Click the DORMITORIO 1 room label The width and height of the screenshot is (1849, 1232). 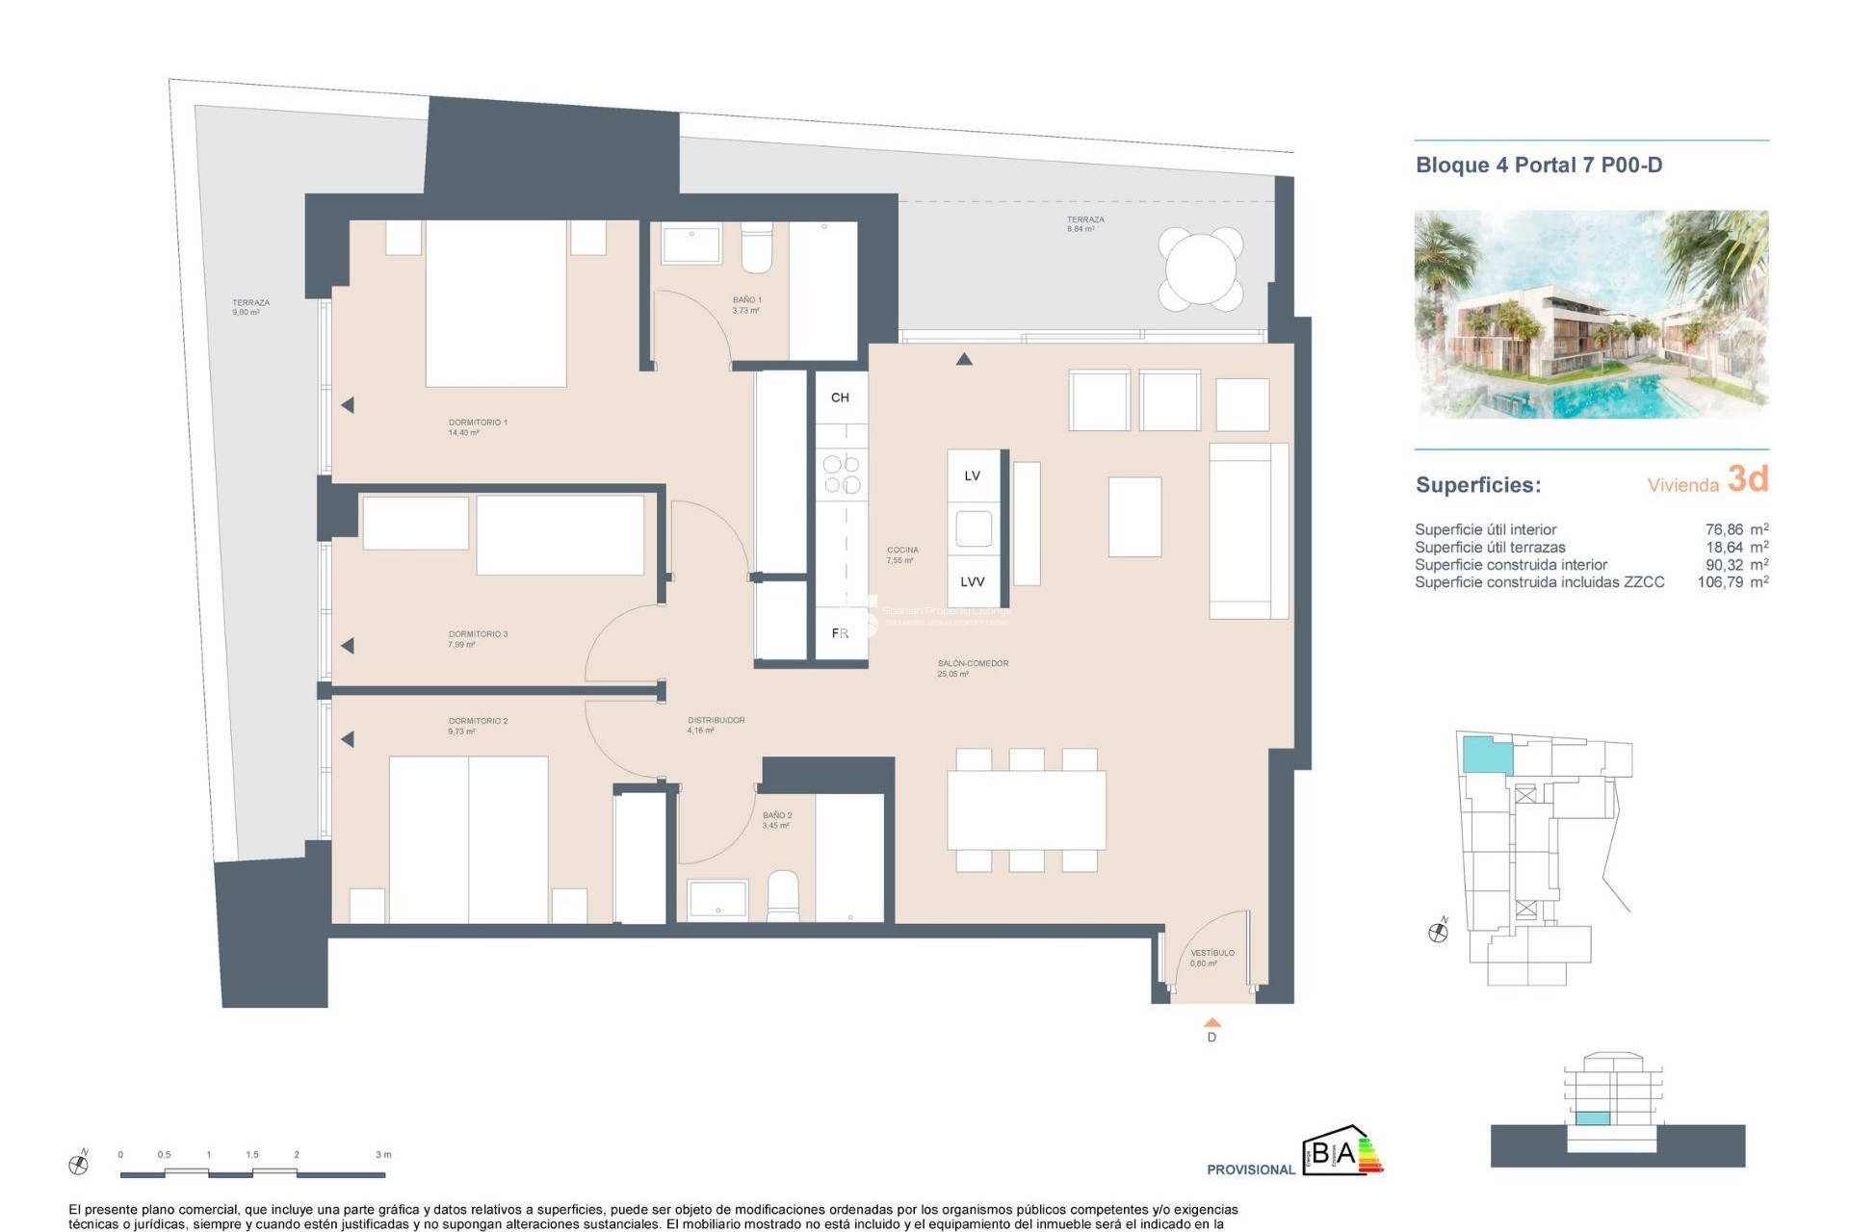(477, 423)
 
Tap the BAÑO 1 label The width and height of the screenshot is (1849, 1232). (746, 300)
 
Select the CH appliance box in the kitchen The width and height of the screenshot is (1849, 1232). (840, 398)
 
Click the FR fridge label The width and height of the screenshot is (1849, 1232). (840, 633)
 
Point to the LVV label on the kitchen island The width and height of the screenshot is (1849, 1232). (972, 581)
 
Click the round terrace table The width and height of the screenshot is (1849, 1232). (1201, 269)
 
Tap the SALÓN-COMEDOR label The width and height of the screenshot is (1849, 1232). (973, 663)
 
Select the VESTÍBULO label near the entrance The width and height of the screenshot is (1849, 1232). (1211, 953)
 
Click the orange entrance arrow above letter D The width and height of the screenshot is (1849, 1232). (1211, 1022)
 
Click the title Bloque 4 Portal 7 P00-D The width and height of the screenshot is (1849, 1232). (1538, 165)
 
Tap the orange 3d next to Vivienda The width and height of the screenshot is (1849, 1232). (1747, 478)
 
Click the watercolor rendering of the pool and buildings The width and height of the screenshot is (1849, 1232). (1590, 314)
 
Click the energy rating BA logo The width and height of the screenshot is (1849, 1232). (1342, 1151)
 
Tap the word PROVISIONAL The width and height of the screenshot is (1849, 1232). (1250, 1169)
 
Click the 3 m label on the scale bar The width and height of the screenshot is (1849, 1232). (383, 1154)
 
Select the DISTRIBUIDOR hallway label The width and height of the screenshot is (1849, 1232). (716, 720)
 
